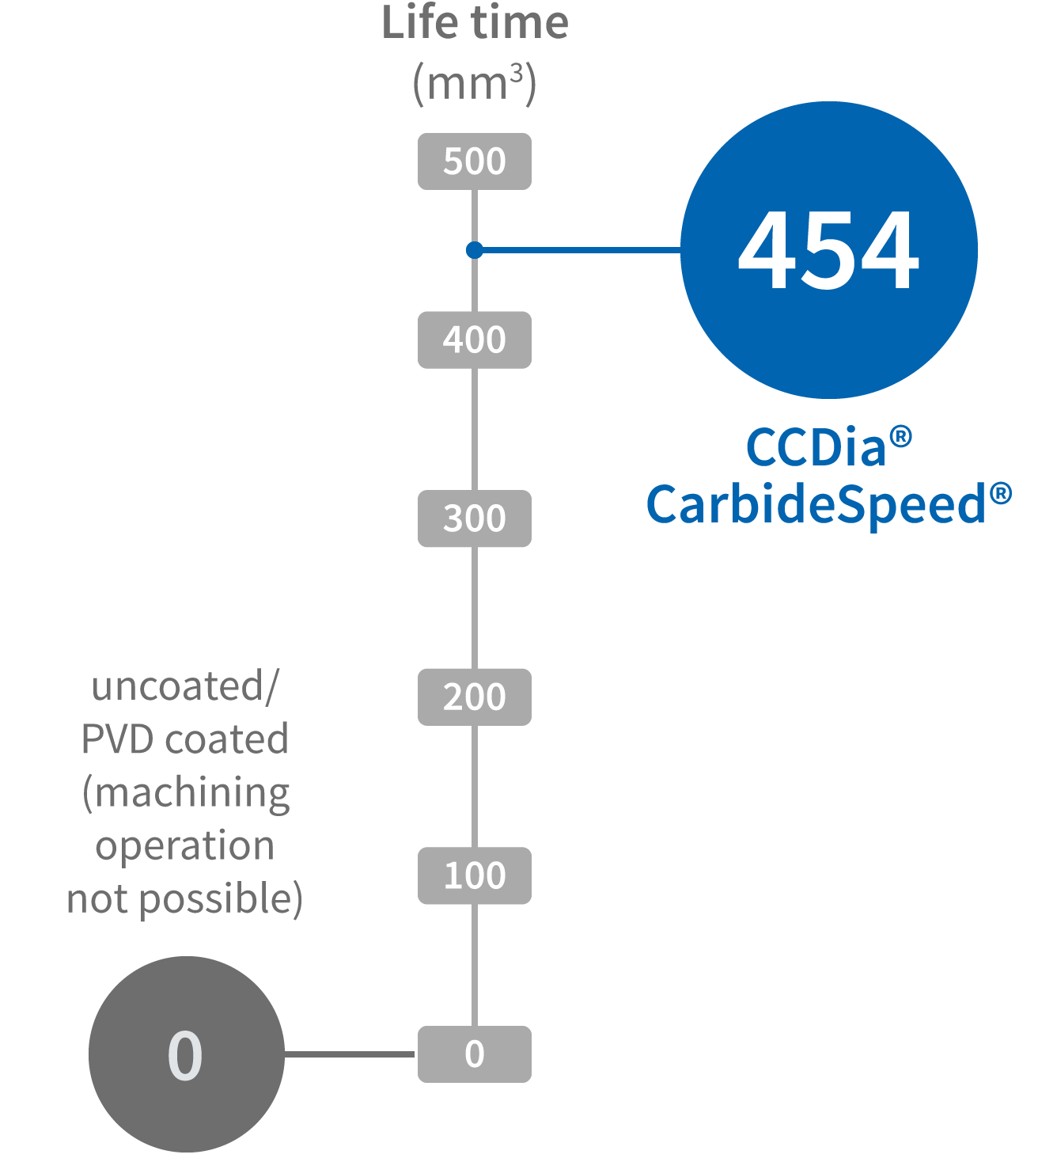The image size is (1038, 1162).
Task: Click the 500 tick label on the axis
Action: coord(475,161)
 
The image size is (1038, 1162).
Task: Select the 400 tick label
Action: coord(475,340)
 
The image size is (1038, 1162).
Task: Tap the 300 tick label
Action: coord(475,518)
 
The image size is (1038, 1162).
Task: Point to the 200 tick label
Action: coord(475,697)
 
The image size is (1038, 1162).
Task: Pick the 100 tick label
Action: coord(475,875)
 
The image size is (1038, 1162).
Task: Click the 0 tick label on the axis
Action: coord(475,1054)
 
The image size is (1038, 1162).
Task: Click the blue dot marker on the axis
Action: coord(474,250)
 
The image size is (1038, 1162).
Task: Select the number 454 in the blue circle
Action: coord(828,251)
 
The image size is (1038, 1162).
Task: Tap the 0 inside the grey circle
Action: coord(185,1055)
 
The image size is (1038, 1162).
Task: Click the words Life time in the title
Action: coord(475,22)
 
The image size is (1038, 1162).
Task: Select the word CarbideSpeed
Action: coord(815,505)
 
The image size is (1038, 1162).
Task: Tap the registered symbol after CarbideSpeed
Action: coord(1000,494)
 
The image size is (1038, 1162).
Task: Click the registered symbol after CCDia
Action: coord(900,436)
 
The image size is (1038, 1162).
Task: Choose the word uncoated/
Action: coord(185,685)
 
